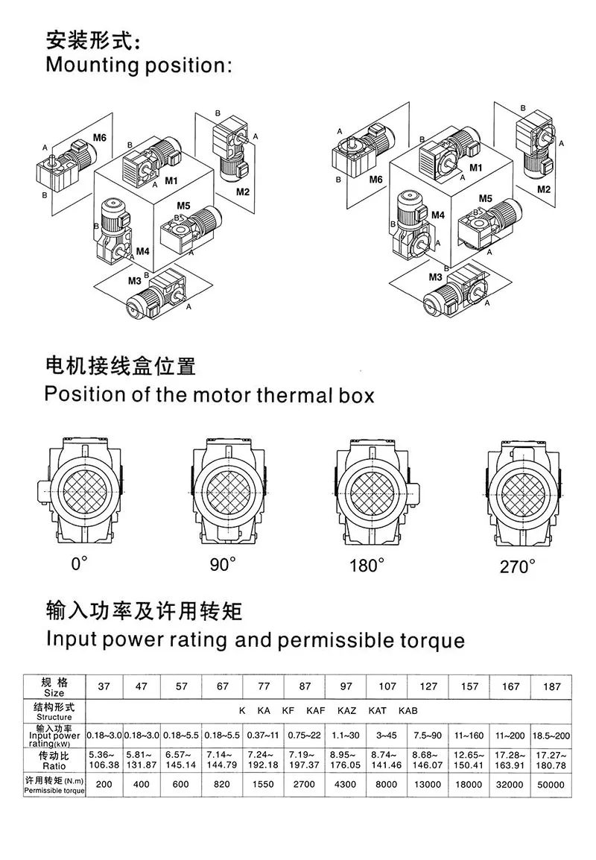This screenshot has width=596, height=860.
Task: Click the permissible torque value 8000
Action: pos(387,784)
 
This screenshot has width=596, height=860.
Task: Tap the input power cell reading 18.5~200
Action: pos(551,736)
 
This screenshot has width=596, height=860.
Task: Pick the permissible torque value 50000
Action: pos(551,784)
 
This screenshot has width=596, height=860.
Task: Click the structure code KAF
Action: pos(315,710)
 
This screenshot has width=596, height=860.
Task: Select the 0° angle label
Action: pos(79,564)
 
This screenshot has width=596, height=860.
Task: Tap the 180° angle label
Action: pos(368,565)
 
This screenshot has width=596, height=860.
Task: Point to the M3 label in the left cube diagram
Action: pos(135,280)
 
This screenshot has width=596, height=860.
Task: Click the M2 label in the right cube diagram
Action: pos(543,189)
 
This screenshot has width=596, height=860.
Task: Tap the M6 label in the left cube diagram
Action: pos(100,137)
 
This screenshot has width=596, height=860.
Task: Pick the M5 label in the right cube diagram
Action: pos(485,198)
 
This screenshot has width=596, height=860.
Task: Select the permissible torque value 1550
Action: pos(264,784)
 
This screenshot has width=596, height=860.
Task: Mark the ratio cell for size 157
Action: pos(469,759)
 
